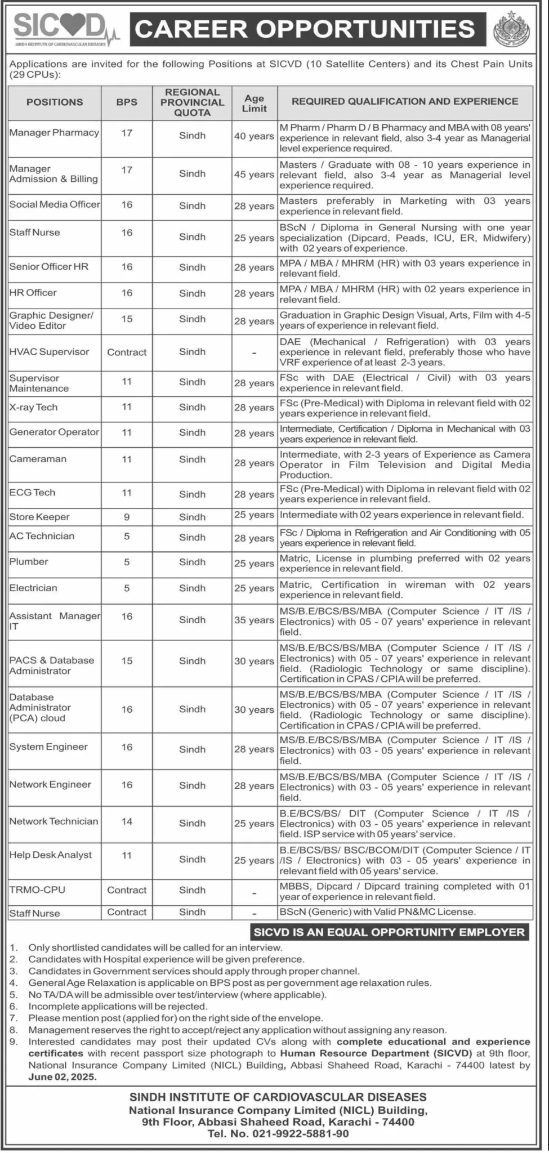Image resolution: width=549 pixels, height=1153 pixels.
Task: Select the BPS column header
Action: coord(127,102)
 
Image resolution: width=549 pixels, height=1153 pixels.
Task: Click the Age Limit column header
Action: coord(254,102)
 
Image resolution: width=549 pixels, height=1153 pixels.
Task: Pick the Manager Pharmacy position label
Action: coord(54,133)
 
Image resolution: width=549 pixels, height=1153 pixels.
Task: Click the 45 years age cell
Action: coord(254,175)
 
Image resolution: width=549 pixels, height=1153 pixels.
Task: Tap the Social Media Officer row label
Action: coord(55,204)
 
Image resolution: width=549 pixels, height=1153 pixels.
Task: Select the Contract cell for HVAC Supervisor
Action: coord(127,352)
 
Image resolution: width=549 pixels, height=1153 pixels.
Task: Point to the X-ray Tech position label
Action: coord(33,407)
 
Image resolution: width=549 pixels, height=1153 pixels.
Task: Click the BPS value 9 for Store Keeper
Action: coord(127,517)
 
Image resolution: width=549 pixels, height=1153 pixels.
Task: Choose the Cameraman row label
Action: coord(38,459)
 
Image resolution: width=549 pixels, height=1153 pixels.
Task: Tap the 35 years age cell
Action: coord(254,620)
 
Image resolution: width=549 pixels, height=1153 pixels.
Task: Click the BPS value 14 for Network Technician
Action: coord(127,821)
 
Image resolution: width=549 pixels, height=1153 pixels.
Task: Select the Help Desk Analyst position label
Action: coord(50,855)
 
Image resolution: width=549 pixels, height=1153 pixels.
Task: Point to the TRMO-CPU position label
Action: coord(37,890)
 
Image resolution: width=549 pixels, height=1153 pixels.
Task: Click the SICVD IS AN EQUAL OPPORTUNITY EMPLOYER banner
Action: coord(389,932)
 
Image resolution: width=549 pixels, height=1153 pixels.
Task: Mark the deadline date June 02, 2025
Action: coord(63,1077)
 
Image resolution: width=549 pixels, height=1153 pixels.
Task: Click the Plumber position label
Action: coord(29,561)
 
